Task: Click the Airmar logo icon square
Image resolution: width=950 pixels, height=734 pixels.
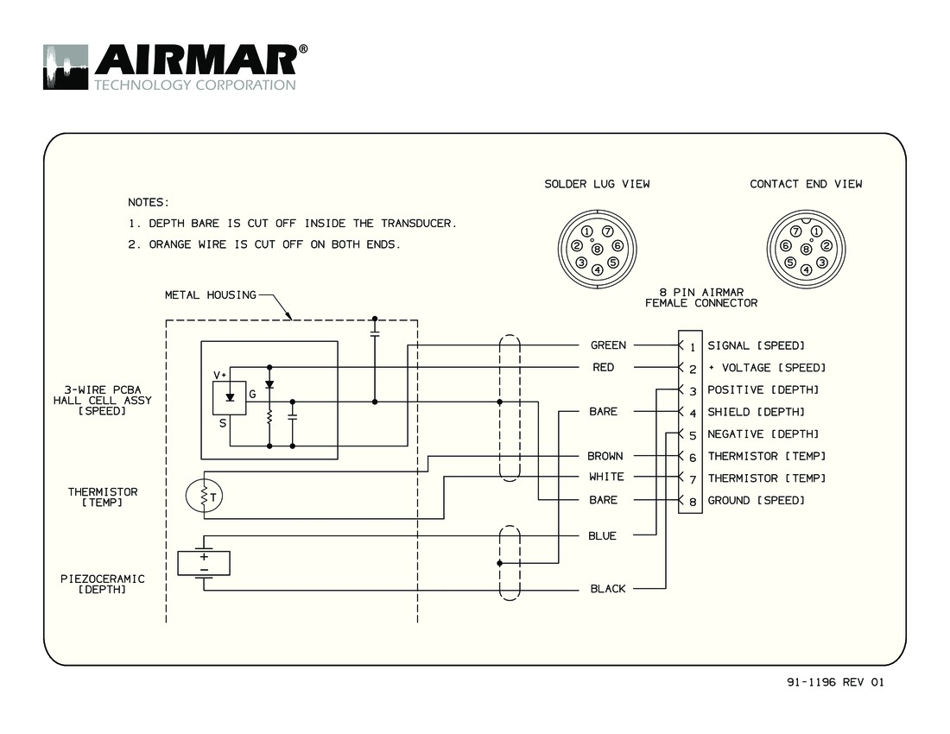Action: point(66,66)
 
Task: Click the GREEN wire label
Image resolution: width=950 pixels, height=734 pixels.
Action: point(608,345)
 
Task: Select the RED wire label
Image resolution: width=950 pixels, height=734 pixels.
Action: point(604,368)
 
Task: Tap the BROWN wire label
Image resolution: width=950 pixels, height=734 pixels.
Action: point(605,456)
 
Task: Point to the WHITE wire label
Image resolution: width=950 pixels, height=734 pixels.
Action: point(605,477)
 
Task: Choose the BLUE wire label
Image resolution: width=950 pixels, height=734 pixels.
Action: point(602,536)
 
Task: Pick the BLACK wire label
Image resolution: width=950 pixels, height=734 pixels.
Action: point(607,589)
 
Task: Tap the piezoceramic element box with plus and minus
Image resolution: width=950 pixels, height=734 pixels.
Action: point(204,563)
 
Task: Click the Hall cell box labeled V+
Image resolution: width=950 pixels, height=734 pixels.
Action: point(229,396)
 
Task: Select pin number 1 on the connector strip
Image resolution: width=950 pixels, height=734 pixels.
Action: point(693,346)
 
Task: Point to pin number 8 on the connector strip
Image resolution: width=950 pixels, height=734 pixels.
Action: point(693,501)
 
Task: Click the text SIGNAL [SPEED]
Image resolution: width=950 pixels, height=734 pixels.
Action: point(756,346)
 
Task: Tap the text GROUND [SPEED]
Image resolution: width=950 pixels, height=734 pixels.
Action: point(756,501)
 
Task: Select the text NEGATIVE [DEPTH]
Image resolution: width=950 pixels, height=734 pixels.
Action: point(762,434)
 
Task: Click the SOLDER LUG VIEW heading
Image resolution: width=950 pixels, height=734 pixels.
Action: point(597,184)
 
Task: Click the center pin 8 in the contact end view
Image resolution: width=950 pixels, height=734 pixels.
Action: point(806,250)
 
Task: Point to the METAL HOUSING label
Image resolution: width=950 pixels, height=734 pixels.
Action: point(210,295)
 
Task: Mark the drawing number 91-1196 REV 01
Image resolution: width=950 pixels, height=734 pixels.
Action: point(835,682)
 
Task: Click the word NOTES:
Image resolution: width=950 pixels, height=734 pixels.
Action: point(149,202)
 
